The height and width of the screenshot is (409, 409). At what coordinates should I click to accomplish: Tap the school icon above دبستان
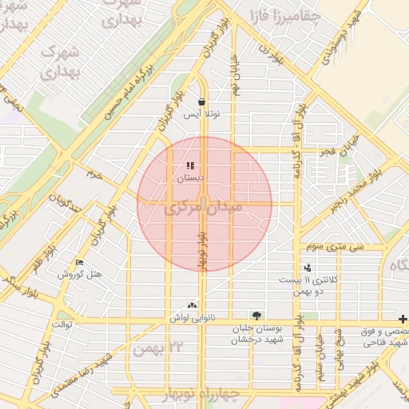189,166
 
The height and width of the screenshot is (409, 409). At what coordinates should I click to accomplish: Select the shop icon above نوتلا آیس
201,101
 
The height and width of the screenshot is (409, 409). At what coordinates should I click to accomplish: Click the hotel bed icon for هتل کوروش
78,262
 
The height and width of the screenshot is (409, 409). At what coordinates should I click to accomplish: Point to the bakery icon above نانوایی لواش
191,305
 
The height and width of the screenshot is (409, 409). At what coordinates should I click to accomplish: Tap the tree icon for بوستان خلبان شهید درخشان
256,316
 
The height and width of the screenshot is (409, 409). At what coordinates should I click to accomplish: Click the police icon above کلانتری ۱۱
307,268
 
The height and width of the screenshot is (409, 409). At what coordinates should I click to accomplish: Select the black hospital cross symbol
402,318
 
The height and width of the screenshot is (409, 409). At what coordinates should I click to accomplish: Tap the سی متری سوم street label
340,248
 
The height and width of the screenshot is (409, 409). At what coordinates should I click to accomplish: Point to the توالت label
62,324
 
